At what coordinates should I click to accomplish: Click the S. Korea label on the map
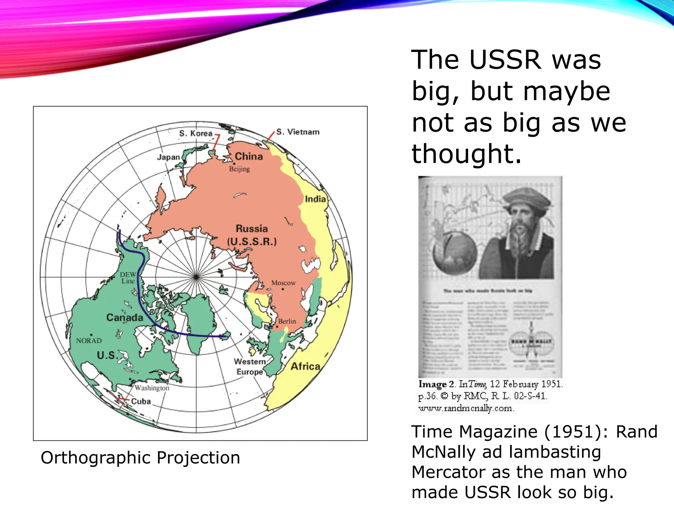[196, 133]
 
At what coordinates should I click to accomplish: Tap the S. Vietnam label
[298, 132]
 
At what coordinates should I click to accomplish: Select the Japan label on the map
[168, 157]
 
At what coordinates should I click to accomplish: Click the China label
[249, 156]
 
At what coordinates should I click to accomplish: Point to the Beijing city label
[240, 169]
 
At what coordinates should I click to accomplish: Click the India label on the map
[315, 199]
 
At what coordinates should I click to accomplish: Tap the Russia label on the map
[252, 229]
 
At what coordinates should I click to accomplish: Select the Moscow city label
[283, 283]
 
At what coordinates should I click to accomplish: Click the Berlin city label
[287, 321]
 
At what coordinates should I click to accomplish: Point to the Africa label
[305, 366]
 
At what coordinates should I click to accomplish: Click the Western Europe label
[250, 367]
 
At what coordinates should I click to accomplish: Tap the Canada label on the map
[125, 318]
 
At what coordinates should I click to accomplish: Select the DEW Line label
[128, 278]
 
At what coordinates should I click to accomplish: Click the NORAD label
[89, 341]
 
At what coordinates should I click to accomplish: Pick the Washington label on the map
[152, 388]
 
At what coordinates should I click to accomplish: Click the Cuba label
[141, 401]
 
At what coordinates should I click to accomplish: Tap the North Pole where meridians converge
[196, 277]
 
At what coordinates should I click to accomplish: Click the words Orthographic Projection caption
[140, 458]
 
